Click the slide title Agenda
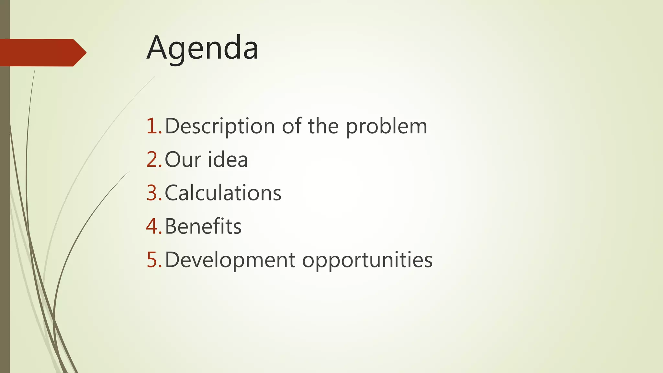coord(202,49)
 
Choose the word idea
coord(228,159)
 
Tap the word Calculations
coord(223,193)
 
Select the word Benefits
coord(203,226)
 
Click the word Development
coord(230,260)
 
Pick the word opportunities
coord(367,260)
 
